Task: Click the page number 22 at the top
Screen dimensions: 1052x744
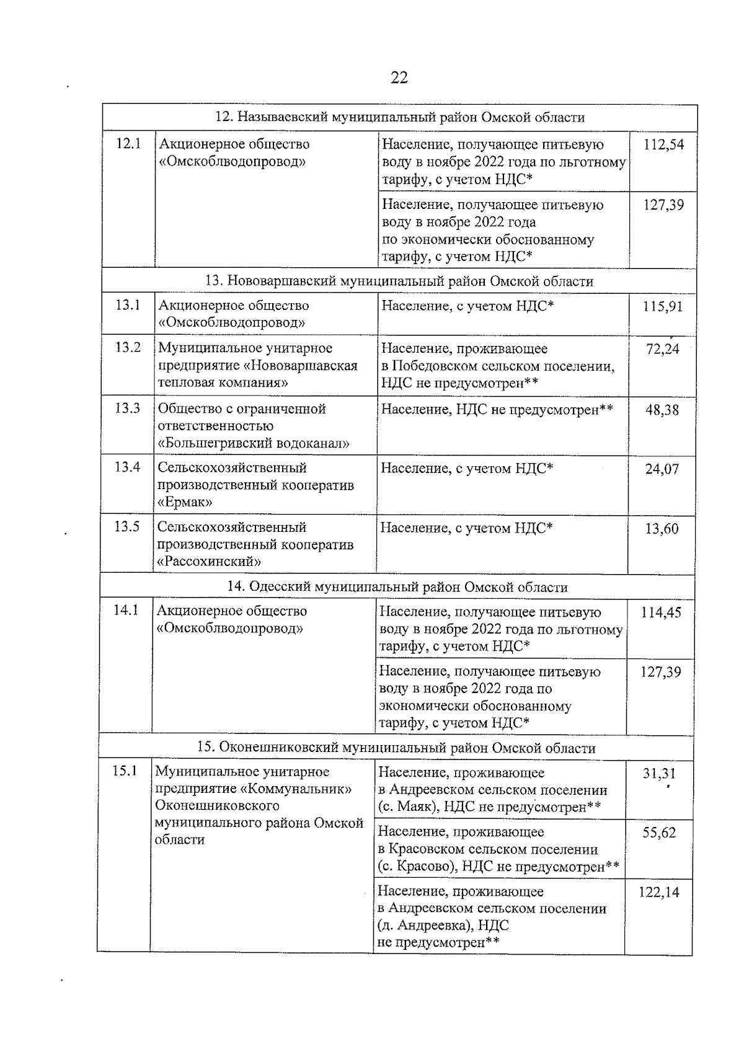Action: (399, 77)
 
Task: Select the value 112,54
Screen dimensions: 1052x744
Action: (663, 145)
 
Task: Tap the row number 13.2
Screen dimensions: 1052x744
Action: (128, 347)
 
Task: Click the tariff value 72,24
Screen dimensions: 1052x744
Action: (662, 350)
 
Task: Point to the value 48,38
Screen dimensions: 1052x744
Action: (662, 410)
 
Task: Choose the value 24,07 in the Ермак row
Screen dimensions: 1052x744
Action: (662, 469)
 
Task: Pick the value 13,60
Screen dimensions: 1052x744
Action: (662, 529)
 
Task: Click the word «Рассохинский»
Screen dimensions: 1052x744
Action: (209, 562)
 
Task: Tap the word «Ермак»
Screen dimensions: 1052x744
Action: (185, 502)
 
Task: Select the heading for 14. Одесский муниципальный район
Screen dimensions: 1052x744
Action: (397, 587)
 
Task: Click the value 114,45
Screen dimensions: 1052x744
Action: (660, 612)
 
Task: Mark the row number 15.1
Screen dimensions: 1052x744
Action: (124, 771)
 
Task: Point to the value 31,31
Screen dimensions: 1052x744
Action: (659, 774)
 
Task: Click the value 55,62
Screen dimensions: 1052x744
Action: (659, 833)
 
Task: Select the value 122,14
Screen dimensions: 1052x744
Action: (658, 893)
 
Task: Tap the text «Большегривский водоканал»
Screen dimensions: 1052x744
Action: (254, 443)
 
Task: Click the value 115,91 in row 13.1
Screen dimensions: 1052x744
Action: (662, 307)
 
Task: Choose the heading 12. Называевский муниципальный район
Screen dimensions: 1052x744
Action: (399, 117)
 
